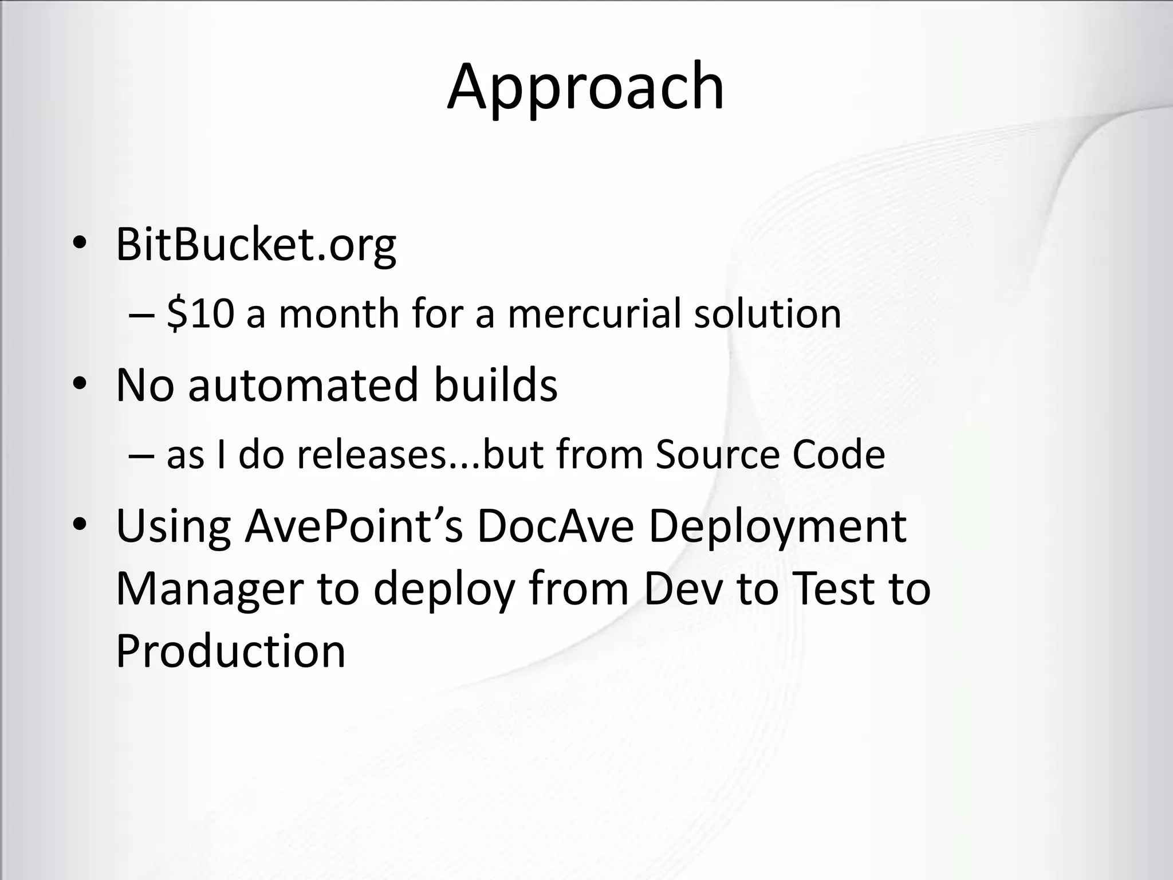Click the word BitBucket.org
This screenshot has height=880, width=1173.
tap(255, 245)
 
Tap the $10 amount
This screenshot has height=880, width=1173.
tap(200, 314)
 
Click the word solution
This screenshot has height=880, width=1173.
tap(767, 314)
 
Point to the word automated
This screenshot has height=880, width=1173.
tap(304, 385)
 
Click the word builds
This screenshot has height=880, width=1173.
tap(495, 385)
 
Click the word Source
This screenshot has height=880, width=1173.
tap(716, 455)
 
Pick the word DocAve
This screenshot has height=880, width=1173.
tap(555, 526)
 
